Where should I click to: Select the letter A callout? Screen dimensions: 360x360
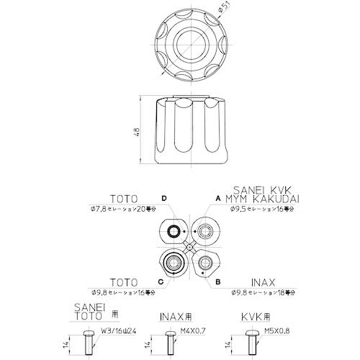(217, 197)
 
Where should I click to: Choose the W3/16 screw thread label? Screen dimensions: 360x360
(119, 331)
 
